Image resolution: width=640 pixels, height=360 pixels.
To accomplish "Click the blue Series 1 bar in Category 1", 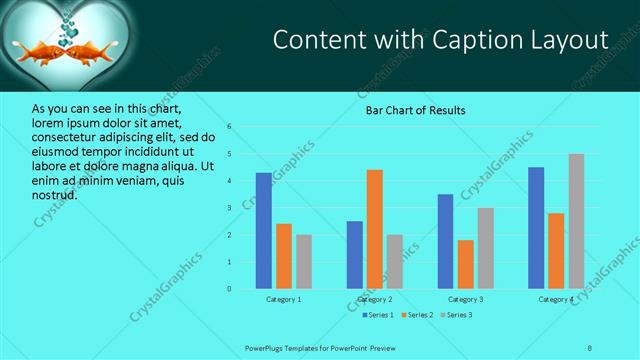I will coord(264,231).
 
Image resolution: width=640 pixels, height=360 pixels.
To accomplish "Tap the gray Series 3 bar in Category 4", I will coord(576,221).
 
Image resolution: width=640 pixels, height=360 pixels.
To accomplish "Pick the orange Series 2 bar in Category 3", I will coord(465,264).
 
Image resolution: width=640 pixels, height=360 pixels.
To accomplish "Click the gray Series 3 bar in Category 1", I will coord(303,261).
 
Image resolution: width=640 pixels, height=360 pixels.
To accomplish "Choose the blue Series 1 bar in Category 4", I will coord(536,228).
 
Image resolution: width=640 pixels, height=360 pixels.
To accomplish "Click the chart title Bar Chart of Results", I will coord(415,110).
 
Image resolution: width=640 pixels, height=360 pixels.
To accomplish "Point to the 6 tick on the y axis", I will coord(229,127).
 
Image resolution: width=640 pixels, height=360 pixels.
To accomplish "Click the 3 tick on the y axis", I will coord(229,208).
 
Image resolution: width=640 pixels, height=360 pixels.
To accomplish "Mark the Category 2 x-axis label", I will coord(375,299).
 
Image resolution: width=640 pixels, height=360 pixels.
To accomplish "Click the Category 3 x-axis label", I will coord(465,299).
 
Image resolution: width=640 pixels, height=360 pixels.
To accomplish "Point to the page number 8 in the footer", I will coord(590,348).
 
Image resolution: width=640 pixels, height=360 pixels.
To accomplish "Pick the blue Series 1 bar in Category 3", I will coord(445,241).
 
